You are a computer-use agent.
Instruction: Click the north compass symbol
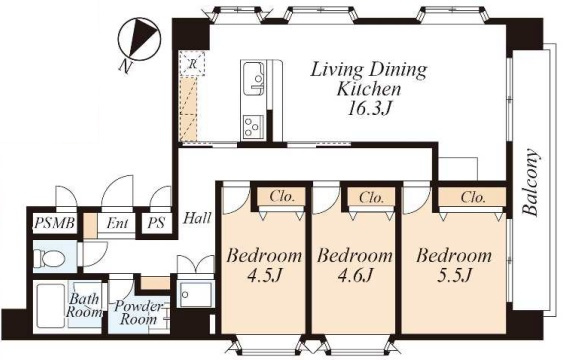tap(139, 39)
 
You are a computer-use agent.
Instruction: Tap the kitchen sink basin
tap(253, 78)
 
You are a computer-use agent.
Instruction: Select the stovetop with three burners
tap(253, 126)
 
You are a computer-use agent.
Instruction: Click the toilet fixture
tap(48, 257)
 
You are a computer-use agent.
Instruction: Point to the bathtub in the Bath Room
tap(51, 306)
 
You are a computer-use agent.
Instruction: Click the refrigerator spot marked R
tap(192, 64)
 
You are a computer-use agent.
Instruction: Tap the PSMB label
tap(55, 223)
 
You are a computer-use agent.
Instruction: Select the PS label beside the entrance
tap(156, 223)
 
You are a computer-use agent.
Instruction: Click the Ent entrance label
tap(117, 223)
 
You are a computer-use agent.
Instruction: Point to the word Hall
tap(197, 218)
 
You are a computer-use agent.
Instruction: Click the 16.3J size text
tap(368, 108)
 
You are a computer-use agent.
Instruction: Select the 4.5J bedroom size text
tap(264, 276)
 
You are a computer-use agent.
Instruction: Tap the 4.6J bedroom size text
tap(354, 276)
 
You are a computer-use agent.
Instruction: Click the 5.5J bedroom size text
tap(454, 276)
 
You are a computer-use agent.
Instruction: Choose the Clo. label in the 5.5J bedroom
tap(473, 197)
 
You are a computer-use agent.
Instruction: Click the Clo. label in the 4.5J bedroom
tap(282, 197)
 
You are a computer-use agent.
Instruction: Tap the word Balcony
tap(530, 182)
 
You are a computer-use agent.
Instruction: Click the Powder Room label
tap(138, 313)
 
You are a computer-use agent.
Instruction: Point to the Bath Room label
tap(84, 305)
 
